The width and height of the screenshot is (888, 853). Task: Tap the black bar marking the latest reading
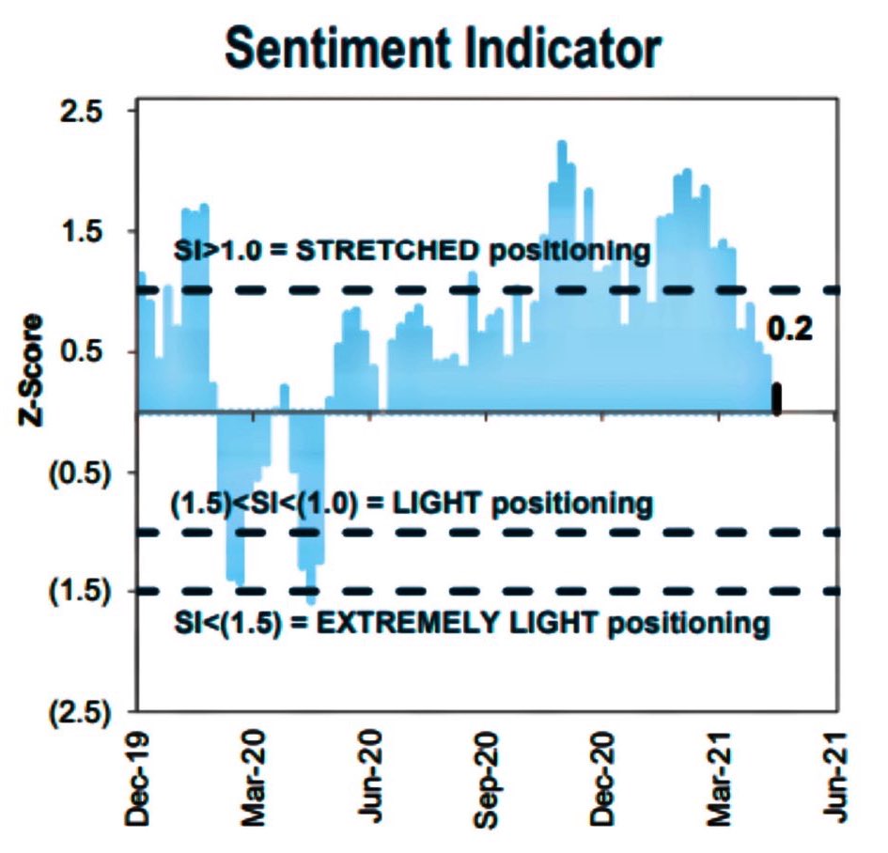[776, 398]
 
